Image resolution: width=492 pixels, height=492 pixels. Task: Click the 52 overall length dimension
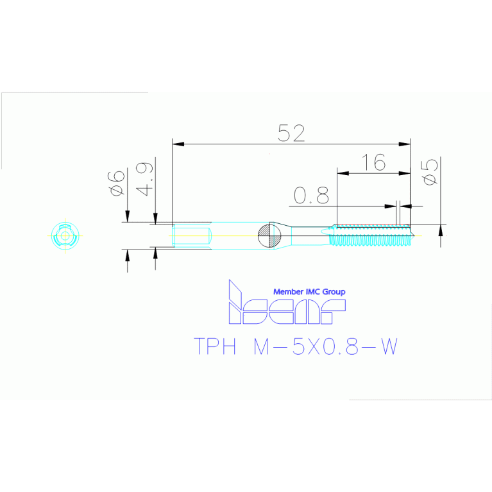291,133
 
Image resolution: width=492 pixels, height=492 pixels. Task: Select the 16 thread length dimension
373,162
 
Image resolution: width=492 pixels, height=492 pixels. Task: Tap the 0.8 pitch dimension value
311,195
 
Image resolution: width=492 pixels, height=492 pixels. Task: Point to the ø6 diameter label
116,183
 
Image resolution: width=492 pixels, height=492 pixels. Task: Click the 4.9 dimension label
145,179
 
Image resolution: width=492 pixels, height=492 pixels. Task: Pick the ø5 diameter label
430,172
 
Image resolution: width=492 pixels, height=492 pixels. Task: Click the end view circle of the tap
65,235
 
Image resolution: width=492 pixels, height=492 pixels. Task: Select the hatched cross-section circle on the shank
269,235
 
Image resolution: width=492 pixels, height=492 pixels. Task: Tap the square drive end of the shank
191,235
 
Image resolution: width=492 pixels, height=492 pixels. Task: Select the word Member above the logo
289,292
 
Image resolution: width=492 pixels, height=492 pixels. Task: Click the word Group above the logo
334,292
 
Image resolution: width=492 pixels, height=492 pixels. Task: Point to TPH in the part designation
216,346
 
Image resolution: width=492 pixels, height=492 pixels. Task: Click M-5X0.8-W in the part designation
326,346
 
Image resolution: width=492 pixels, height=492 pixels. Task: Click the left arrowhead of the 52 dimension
178,144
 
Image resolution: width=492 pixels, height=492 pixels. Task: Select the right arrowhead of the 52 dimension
405,144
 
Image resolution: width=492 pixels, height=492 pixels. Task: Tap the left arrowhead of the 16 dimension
343,173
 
